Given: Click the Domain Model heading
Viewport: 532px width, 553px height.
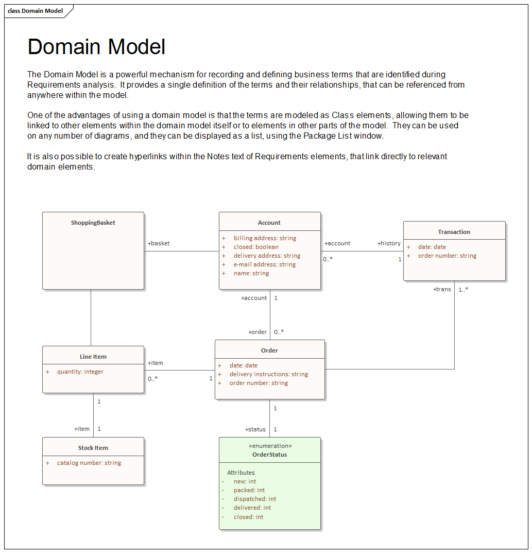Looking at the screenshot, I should [96, 47].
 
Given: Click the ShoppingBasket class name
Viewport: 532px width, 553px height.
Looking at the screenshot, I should [93, 223].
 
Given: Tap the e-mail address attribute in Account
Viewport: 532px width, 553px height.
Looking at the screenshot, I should [265, 264].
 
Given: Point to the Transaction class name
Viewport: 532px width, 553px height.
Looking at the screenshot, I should [454, 232].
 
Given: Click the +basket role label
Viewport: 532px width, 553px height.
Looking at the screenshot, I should [159, 243].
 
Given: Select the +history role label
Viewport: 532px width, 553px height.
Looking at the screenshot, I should [389, 243].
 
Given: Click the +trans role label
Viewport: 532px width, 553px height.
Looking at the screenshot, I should [442, 289].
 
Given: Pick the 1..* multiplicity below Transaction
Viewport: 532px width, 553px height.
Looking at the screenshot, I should [463, 289].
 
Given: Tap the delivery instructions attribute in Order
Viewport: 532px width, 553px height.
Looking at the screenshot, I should [268, 374].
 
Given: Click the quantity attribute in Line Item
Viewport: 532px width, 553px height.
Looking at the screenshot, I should [80, 372].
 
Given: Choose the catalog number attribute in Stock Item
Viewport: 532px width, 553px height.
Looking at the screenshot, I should [89, 463].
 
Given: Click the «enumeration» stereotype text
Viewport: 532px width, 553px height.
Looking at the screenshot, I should [270, 446].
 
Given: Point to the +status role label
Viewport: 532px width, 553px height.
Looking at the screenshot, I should [255, 429].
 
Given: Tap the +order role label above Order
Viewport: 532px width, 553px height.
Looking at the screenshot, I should [258, 332].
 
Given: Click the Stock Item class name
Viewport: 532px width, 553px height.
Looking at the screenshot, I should [93, 448].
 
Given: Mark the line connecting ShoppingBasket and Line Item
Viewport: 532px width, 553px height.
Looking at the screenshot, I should [91, 317].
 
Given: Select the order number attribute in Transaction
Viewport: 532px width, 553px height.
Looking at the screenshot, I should [447, 256].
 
